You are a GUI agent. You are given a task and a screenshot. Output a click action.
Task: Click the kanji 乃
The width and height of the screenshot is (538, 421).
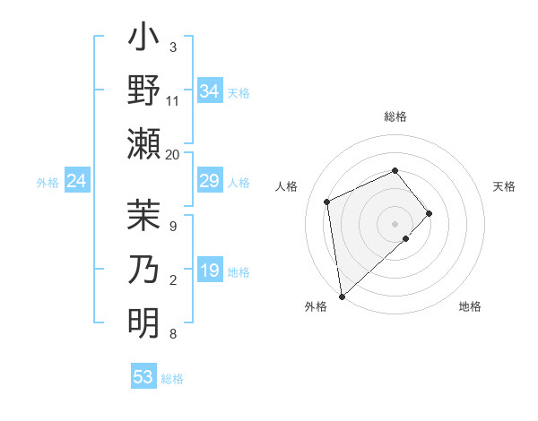click(x=143, y=270)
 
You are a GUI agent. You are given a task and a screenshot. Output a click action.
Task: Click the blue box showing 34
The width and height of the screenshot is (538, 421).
click(x=209, y=91)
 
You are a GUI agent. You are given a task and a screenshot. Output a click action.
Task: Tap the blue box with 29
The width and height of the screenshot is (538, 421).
click(x=209, y=182)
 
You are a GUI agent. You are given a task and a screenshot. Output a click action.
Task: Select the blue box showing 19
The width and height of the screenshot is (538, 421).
click(x=209, y=271)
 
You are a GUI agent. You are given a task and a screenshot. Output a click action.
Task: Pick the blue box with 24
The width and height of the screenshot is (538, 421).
click(x=76, y=182)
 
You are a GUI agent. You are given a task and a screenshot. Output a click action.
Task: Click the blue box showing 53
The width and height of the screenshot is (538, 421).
click(x=143, y=377)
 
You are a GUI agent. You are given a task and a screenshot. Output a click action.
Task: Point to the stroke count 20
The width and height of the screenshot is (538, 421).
click(x=173, y=154)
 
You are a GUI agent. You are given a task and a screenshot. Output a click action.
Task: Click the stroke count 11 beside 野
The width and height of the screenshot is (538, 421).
click(x=173, y=100)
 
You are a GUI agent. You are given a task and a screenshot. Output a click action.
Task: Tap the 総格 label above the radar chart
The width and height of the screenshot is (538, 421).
click(x=395, y=116)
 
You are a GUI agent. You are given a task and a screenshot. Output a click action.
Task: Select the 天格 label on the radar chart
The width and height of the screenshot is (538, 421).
click(x=504, y=186)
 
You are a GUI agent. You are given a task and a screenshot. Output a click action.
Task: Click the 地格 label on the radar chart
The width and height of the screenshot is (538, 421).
click(x=470, y=306)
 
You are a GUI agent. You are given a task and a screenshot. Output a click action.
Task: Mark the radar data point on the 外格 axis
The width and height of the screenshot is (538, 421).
click(x=342, y=296)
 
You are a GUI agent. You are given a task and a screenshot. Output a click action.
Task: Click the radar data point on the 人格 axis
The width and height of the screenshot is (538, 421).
click(x=327, y=202)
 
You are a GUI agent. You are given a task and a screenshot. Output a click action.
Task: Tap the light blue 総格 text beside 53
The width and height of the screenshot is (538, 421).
click(x=172, y=379)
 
